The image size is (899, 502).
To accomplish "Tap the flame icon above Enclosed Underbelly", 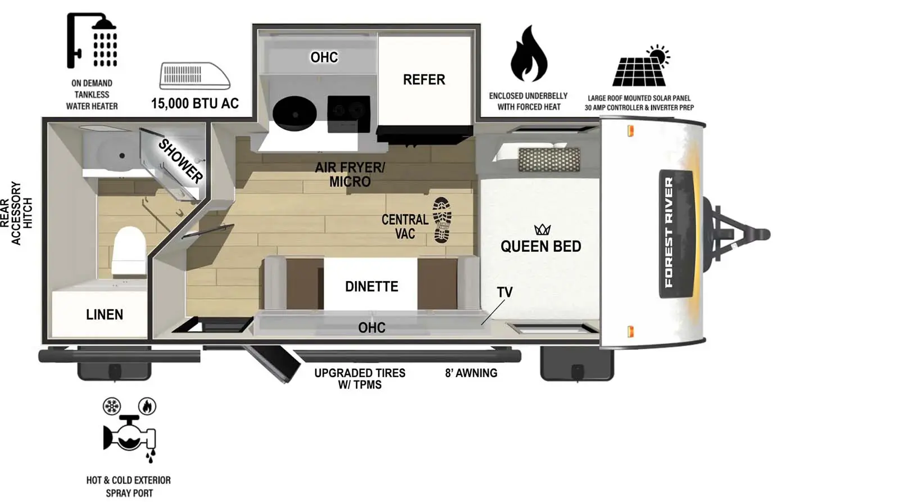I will [x=528, y=55].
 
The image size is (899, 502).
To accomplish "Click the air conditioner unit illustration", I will [x=194, y=76].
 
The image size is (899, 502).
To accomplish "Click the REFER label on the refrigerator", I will [x=424, y=80].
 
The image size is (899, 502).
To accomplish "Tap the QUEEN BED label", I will [x=541, y=246].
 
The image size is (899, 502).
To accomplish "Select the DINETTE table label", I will [x=371, y=287].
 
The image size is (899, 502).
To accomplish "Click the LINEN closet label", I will [x=105, y=315].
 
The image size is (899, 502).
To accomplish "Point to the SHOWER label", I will [x=180, y=161].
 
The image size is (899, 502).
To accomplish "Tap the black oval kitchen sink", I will [x=294, y=110].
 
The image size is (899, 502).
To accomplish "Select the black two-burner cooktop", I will [x=348, y=112].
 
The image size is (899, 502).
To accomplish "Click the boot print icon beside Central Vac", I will [x=442, y=220].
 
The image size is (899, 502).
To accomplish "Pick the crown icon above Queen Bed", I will [x=542, y=229].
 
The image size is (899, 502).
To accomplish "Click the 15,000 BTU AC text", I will [x=194, y=103].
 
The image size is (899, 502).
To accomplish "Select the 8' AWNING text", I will [x=471, y=373].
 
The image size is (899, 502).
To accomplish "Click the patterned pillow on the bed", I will [x=541, y=160].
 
